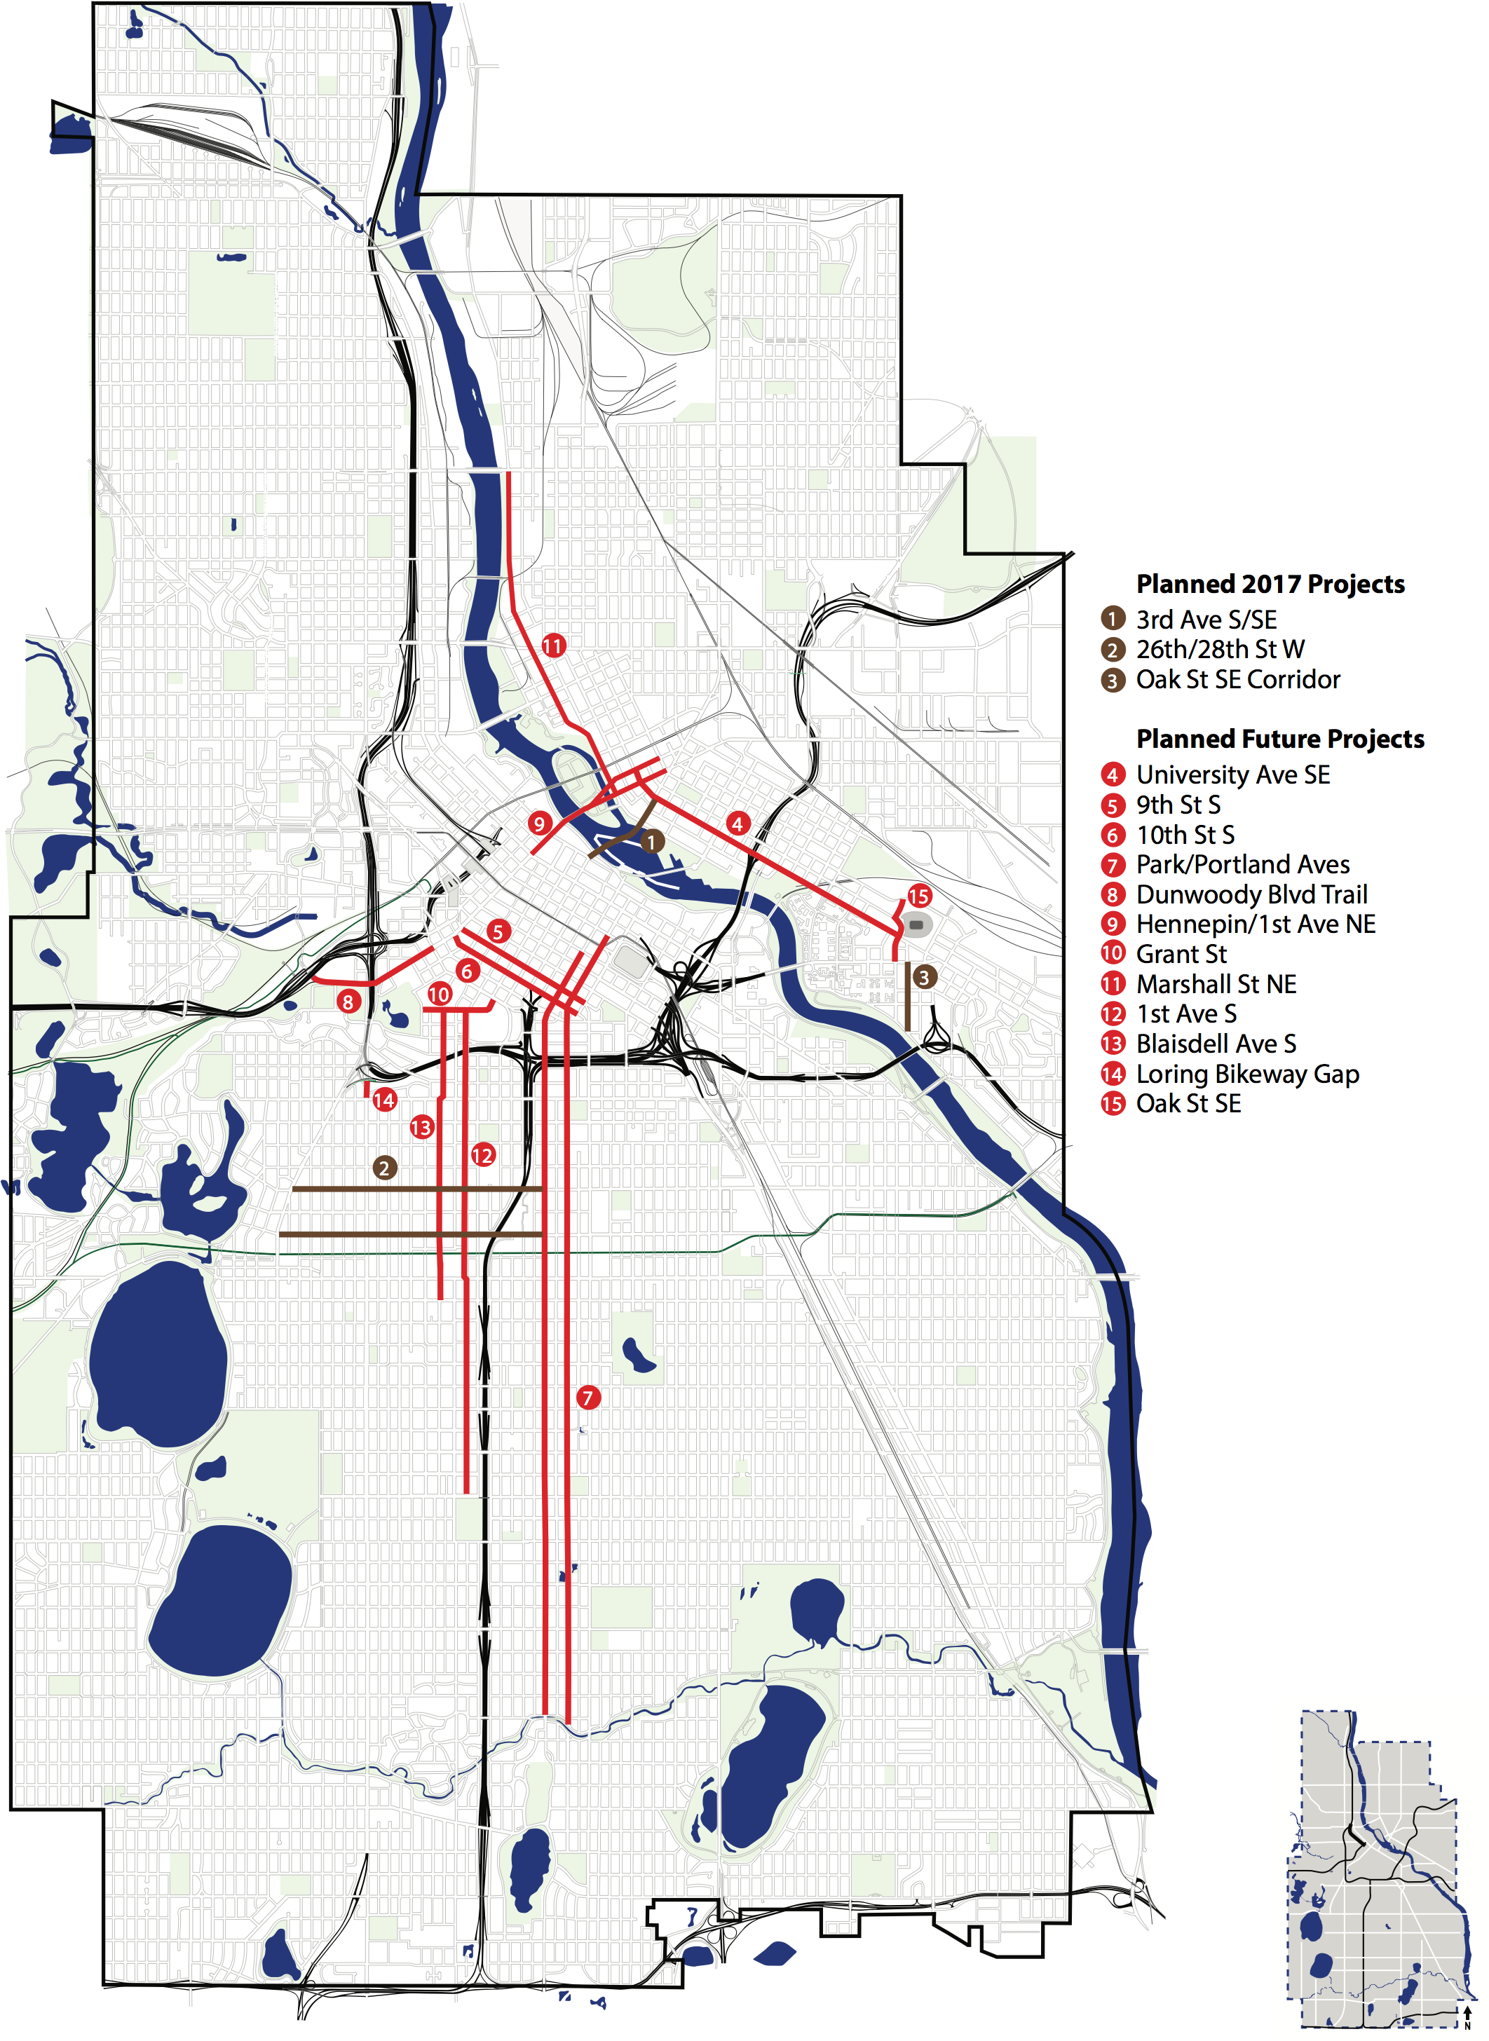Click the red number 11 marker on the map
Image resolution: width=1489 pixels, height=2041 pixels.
[x=552, y=646]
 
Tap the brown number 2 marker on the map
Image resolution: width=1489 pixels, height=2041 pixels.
[x=385, y=1168]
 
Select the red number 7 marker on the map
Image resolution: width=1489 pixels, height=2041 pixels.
[x=587, y=1398]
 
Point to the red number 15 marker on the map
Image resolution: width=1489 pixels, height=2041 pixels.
[x=918, y=896]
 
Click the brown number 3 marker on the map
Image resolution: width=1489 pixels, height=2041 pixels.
[x=923, y=977]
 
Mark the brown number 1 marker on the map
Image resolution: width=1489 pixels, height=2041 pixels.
[x=653, y=842]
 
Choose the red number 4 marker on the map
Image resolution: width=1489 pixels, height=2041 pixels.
[x=737, y=823]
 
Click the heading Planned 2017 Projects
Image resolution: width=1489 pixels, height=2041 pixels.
[x=1270, y=584]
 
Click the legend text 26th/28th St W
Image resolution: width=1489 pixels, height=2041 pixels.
[x=1220, y=649]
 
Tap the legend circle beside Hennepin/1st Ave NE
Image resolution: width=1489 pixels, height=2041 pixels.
[x=1113, y=924]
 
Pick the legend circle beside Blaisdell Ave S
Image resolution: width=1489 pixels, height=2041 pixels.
[x=1113, y=1044]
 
